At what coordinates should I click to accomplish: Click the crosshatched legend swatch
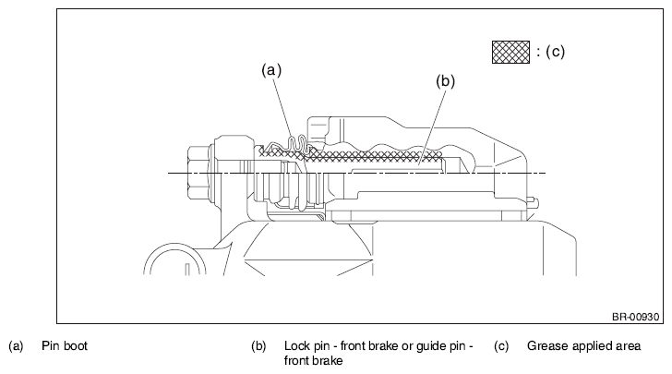click(510, 52)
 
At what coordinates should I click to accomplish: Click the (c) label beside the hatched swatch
click(556, 52)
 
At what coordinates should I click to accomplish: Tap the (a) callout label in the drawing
click(271, 69)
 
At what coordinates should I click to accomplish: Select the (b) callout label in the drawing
click(445, 80)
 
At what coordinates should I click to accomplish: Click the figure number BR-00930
click(635, 317)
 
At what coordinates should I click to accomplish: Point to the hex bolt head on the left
click(198, 174)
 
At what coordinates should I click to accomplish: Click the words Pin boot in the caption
click(65, 346)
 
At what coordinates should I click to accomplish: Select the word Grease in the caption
click(545, 345)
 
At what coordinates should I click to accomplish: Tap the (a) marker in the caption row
click(16, 346)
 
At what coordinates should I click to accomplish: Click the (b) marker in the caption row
click(258, 346)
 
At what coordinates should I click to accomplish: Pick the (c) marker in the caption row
click(501, 346)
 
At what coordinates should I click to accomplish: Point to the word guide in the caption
click(431, 346)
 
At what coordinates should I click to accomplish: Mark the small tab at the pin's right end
click(533, 199)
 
